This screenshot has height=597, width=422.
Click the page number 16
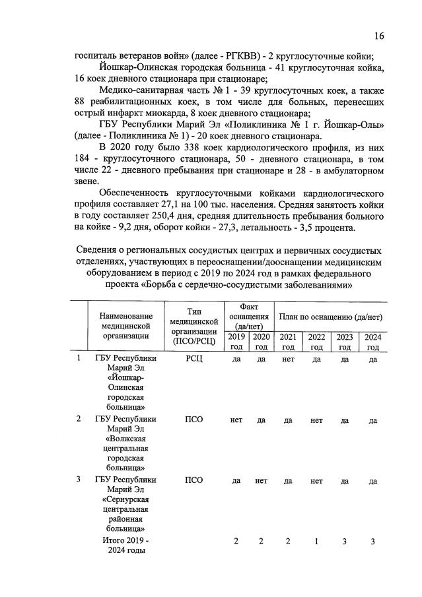click(379, 36)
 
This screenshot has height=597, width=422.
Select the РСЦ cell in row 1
click(194, 359)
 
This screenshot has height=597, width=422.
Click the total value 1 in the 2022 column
click(316, 541)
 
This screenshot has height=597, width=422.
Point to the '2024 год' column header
click(372, 342)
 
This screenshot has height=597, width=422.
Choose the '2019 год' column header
click(236, 342)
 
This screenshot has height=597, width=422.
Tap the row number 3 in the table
click(79, 479)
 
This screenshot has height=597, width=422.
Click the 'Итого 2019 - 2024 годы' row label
click(126, 546)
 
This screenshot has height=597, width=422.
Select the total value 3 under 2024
click(372, 541)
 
